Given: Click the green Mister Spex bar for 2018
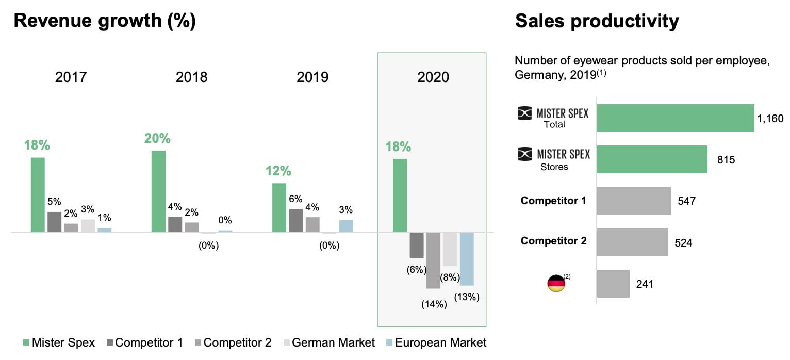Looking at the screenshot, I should (x=158, y=191).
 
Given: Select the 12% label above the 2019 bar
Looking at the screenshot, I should (x=278, y=171).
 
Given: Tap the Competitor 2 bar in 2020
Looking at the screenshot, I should (x=433, y=260).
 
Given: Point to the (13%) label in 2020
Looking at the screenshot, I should (x=467, y=297).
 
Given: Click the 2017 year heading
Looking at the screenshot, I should (x=71, y=77).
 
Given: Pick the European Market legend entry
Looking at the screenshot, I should (x=436, y=342).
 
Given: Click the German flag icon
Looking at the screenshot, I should (x=556, y=284).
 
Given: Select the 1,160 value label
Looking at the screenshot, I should (x=770, y=119).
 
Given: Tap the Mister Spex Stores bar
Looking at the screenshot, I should (x=652, y=159).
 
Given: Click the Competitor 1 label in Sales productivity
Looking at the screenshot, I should (x=553, y=201).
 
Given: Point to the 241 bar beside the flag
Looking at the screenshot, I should (x=613, y=284).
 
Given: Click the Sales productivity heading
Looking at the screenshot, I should (x=597, y=21).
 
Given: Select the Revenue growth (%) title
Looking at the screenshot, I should (x=105, y=21).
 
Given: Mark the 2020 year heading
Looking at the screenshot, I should (x=433, y=77).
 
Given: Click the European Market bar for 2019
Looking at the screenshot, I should (x=346, y=226).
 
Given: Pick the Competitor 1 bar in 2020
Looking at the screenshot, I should (x=417, y=245).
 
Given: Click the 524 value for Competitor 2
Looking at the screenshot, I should (x=683, y=242).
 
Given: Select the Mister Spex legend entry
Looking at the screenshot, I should (x=59, y=342).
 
